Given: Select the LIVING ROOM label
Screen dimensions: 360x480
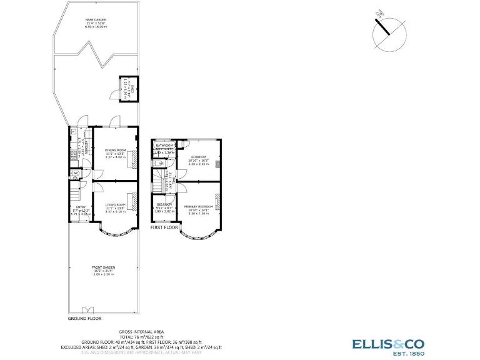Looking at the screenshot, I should click(x=115, y=205).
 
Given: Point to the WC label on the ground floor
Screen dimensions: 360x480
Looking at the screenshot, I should click(x=74, y=173).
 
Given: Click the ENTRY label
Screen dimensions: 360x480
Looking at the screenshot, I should click(x=80, y=207).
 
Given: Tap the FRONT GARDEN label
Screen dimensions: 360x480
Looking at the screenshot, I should click(x=104, y=267).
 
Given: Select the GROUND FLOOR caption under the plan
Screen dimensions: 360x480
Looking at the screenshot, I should click(x=84, y=319).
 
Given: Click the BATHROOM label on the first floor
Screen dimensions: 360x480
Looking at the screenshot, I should click(x=164, y=145).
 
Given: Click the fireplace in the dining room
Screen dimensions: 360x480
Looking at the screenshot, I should click(x=133, y=159).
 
